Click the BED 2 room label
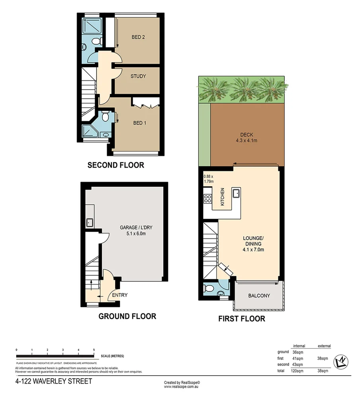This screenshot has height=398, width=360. pos(138,37)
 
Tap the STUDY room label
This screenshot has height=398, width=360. pos(138,76)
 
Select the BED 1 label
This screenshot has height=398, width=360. pos(139,123)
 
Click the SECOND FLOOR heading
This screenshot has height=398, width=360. pos(115,165)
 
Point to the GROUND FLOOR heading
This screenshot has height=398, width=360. pos(127,316)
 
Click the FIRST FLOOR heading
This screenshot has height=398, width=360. pos(241,319)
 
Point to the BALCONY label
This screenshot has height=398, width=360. pos(259,296)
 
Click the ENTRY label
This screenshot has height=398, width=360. pos(119,295)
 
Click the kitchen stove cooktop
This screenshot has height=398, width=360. pos(207,198)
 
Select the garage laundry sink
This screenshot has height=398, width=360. pos(90,222)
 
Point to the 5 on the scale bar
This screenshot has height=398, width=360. pos(94,350)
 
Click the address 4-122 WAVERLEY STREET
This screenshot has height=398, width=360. pos(53,381)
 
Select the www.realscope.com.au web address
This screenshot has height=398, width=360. pos(182,386)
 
